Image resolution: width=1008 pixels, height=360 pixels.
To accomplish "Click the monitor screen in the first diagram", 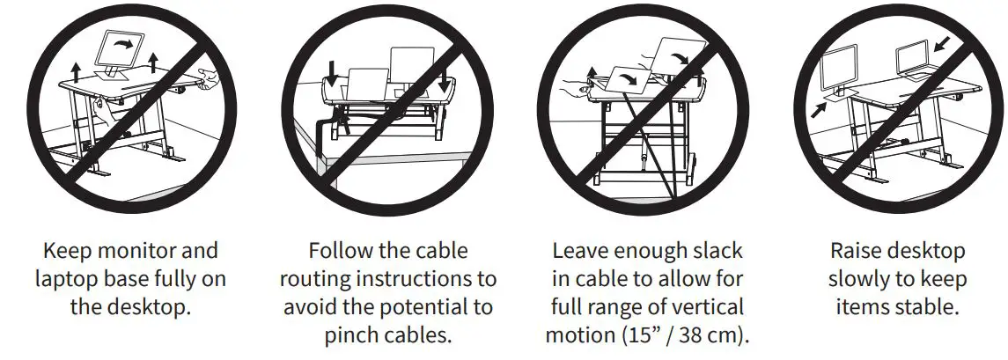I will point(120,48).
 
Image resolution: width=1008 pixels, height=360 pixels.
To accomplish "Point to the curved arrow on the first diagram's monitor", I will point(131,41).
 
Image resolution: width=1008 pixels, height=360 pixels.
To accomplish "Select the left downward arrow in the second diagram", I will point(333,70).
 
